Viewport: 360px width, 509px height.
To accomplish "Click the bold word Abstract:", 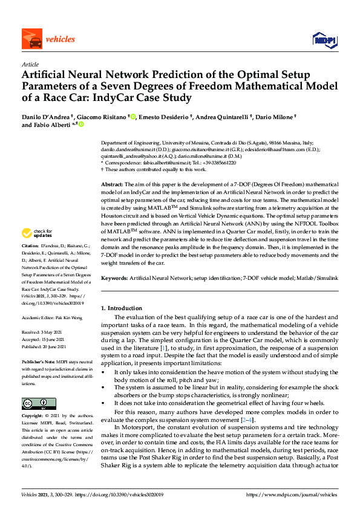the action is (x=112, y=183).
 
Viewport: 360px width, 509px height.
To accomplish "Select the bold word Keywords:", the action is (x=115, y=277).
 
